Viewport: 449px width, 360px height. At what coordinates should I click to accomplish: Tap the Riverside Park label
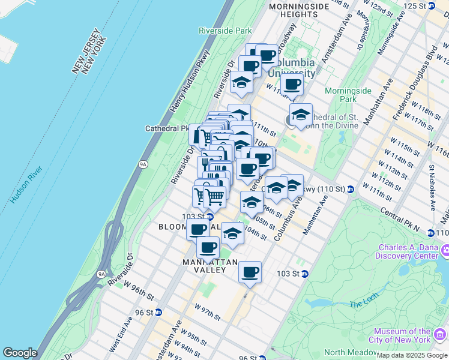coord(225,30)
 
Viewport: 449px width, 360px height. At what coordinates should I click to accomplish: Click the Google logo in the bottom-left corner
coord(20,353)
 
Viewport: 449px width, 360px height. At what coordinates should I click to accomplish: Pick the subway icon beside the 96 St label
coord(158,312)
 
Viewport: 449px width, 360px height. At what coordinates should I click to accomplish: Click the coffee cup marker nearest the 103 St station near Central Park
coord(250,272)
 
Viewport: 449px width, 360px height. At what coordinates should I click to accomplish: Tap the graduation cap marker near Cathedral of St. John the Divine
coord(301,114)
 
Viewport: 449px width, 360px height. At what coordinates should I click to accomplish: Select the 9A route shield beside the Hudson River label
coord(142,163)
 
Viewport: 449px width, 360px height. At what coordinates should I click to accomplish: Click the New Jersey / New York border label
coord(89,56)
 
